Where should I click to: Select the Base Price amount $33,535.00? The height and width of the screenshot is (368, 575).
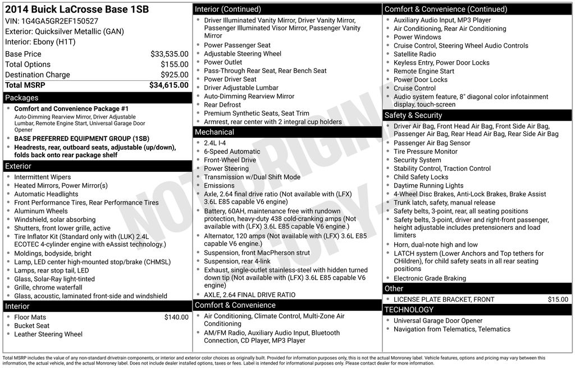click(x=169, y=54)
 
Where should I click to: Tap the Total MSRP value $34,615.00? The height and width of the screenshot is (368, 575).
click(x=168, y=85)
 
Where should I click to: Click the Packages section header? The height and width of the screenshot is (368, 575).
click(x=22, y=98)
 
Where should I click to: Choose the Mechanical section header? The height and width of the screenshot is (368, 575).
click(x=214, y=132)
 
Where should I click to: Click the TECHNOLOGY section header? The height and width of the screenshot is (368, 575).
click(x=409, y=310)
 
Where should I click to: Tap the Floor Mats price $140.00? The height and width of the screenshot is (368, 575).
click(x=176, y=317)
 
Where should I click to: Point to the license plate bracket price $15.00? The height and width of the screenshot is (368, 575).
click(x=558, y=299)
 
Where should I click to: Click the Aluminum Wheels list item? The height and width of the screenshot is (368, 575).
click(x=41, y=211)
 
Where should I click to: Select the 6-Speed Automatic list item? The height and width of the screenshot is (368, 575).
click(x=232, y=152)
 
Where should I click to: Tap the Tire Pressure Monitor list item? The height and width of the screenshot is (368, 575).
click(x=426, y=152)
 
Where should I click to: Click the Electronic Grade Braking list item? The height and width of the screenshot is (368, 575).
click(x=430, y=278)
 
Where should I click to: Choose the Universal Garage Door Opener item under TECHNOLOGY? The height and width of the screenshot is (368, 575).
click(x=438, y=321)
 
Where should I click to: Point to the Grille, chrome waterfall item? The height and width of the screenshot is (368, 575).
click(x=48, y=288)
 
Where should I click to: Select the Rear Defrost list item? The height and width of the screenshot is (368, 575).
click(x=222, y=105)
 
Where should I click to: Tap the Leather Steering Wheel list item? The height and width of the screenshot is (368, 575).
click(x=48, y=334)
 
